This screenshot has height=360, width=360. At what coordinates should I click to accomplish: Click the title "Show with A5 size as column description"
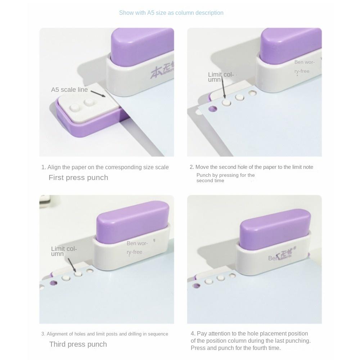171,13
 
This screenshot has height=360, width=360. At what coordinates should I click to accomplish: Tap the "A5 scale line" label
69,90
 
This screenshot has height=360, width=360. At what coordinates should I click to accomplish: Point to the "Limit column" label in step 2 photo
221,77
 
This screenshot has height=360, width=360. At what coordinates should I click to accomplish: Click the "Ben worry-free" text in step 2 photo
305,67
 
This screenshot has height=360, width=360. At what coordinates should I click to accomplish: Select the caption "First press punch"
78,177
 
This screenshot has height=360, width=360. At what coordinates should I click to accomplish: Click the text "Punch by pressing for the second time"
225,178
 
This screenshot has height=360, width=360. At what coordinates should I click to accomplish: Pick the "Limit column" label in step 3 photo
64,251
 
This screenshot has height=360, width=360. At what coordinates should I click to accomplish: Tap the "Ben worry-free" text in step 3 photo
137,248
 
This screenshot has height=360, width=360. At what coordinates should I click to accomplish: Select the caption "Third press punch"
78,344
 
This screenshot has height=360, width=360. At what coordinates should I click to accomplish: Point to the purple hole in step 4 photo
197,287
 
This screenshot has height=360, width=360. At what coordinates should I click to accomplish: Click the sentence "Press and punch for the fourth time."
235,348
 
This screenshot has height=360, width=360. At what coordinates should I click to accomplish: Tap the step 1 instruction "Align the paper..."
105,167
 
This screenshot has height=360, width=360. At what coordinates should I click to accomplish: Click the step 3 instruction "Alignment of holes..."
105,334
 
